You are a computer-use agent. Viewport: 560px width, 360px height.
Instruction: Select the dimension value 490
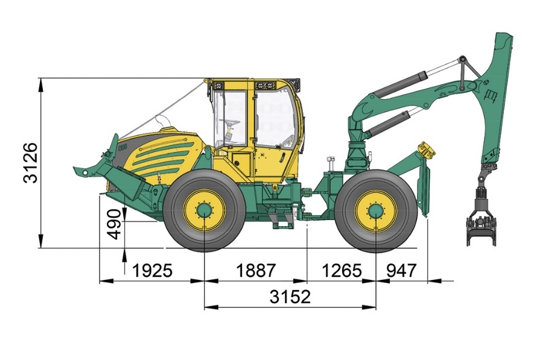click(114, 224)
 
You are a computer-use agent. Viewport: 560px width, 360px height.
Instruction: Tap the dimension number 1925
click(152, 271)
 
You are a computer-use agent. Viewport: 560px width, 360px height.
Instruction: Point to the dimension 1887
click(255, 271)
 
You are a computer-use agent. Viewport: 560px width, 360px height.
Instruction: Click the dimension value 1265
click(341, 271)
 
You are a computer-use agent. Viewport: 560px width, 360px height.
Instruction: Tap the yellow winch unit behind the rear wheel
click(427, 149)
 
